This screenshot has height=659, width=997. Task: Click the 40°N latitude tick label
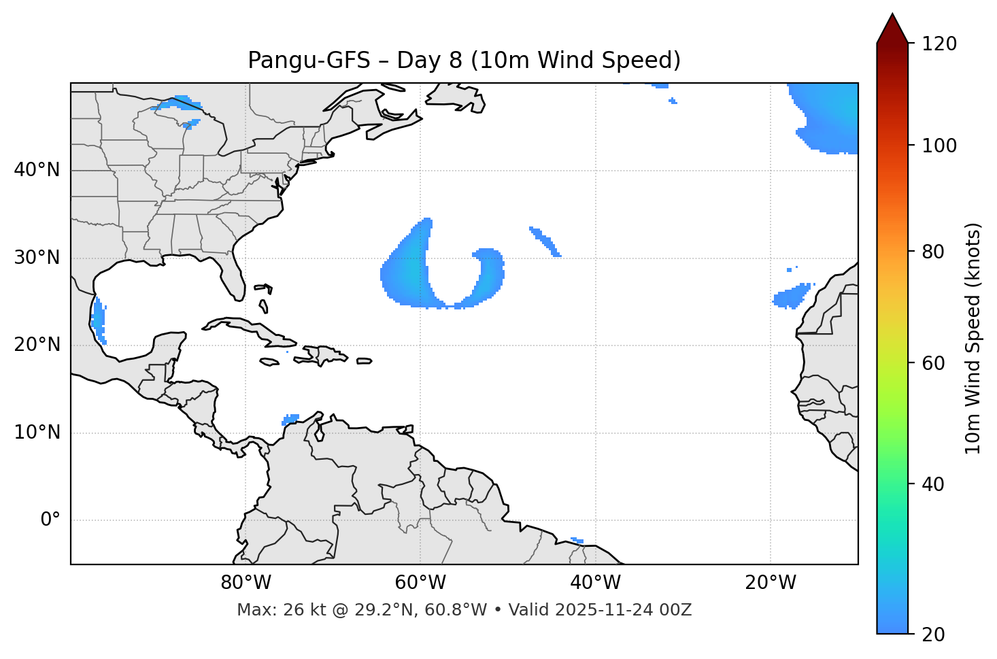(x=37, y=170)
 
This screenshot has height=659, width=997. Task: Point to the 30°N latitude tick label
(x=37, y=258)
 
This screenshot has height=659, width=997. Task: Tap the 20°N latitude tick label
(x=37, y=345)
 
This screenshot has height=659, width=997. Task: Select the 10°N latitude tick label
(x=37, y=433)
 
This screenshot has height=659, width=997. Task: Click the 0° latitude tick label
(x=50, y=520)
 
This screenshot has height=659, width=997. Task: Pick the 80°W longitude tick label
(x=246, y=583)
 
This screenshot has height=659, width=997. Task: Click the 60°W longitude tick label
(x=420, y=583)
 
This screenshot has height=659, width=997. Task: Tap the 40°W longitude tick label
(x=595, y=583)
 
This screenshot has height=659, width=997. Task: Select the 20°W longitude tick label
(x=770, y=583)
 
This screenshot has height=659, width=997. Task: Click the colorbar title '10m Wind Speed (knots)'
(x=973, y=338)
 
